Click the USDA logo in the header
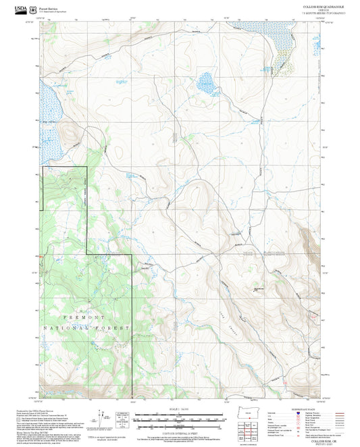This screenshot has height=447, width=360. pos(22,8)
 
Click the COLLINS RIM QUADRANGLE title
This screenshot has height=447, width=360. pos(323,5)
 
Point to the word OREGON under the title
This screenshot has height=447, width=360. pos(323,9)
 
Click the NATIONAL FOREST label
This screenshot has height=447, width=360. pos(86,327)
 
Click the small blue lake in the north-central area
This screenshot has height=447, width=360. pos(206,85)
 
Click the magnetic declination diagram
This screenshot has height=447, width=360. pos(101,417)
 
